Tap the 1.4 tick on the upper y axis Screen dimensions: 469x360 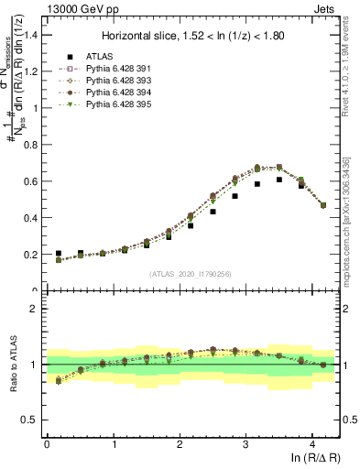33,35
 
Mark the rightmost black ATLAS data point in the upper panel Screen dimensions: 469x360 322,205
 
